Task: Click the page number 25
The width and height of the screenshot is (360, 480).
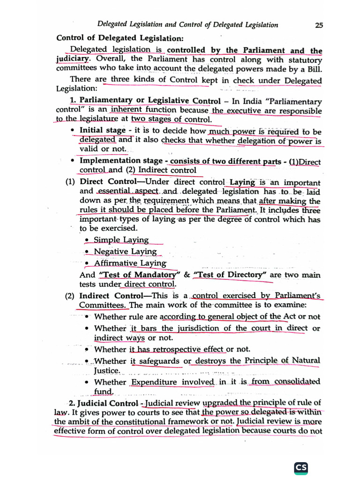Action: click(319, 25)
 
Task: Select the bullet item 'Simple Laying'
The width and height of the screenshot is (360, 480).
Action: click(121, 240)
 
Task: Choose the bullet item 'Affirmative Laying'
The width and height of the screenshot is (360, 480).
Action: click(130, 263)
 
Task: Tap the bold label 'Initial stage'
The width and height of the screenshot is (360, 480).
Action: click(103, 130)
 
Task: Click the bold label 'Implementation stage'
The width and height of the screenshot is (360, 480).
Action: click(120, 161)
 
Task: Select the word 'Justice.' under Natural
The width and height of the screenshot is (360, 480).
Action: click(107, 370)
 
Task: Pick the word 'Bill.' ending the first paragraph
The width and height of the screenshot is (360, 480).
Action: click(313, 69)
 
